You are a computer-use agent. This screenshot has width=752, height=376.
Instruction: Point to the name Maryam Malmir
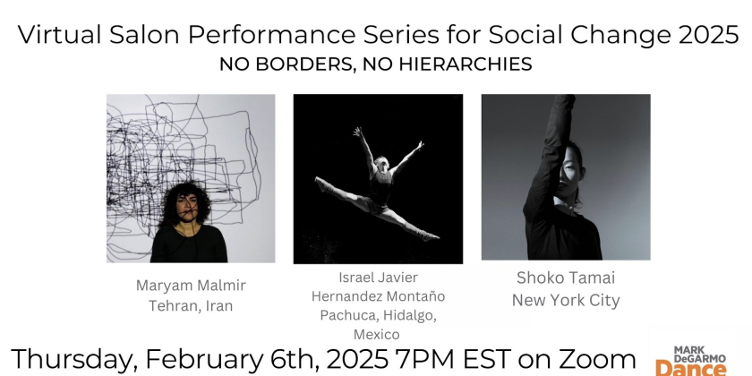click(x=191, y=286)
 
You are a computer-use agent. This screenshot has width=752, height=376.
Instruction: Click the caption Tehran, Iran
click(x=191, y=306)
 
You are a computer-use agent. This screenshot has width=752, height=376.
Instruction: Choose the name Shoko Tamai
click(x=566, y=278)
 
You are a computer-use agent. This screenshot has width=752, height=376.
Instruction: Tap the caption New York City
click(x=566, y=300)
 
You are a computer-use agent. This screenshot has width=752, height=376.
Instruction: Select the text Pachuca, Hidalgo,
click(x=378, y=316)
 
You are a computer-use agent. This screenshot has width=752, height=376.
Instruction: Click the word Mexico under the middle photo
click(x=377, y=334)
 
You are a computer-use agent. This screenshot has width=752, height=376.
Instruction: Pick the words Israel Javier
click(x=378, y=278)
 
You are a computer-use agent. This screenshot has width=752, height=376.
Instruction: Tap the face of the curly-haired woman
click(x=186, y=206)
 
